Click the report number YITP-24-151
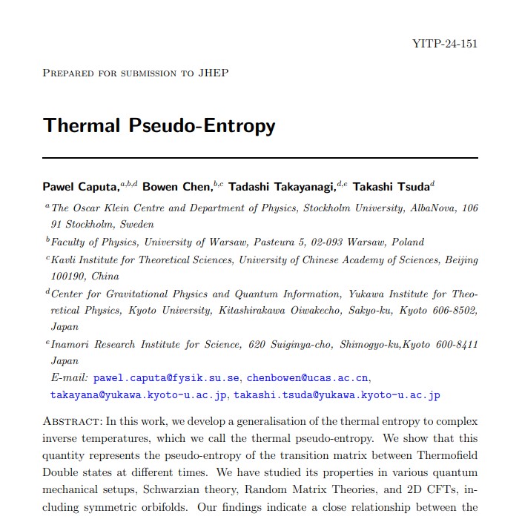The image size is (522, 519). [444, 43]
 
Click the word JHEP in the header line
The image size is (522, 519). [214, 73]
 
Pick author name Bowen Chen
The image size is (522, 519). [176, 186]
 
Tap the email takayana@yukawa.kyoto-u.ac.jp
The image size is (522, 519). [139, 395]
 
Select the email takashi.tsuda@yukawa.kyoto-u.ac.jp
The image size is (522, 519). [337, 395]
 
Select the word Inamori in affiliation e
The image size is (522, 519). [73, 344]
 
